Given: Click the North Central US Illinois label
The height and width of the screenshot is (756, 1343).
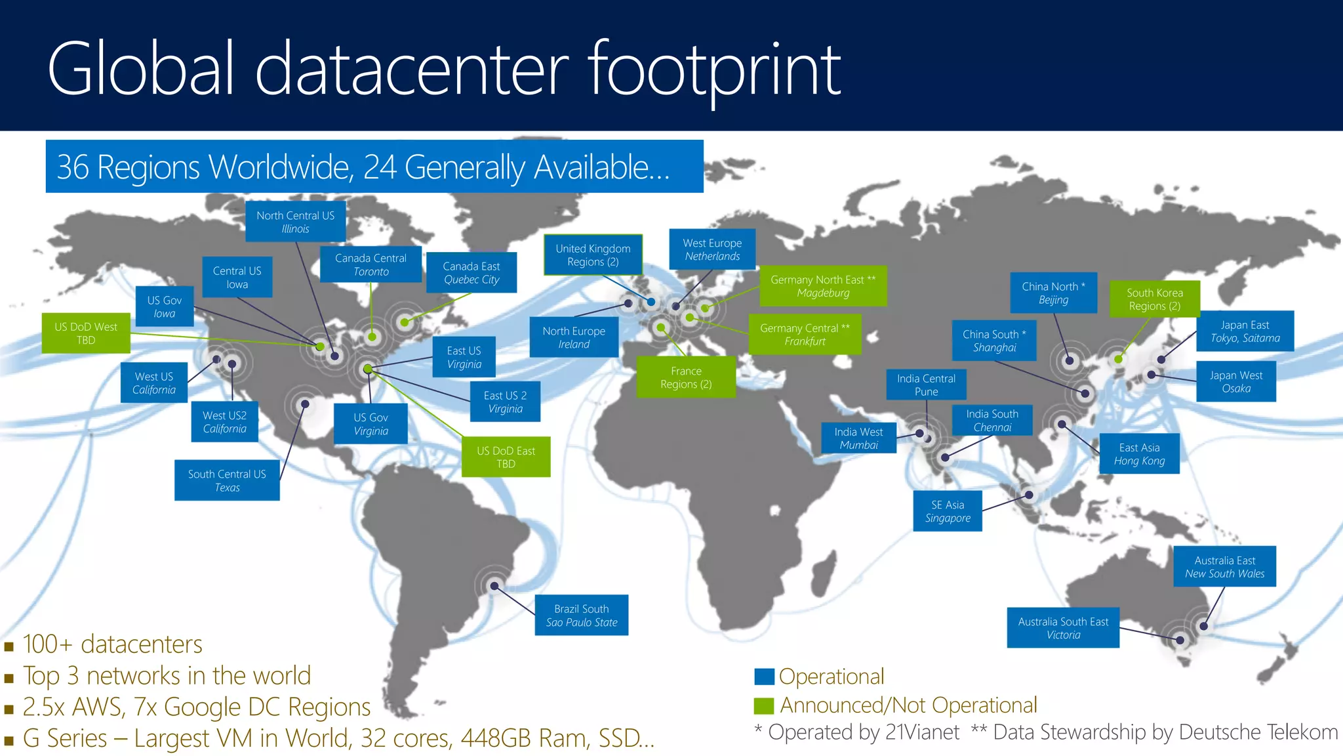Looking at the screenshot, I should click(295, 222).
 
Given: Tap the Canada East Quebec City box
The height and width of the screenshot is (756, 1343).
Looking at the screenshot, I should click(471, 272).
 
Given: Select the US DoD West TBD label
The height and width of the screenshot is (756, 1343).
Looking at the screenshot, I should click(86, 333).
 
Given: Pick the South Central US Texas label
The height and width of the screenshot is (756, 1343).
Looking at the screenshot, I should click(227, 480).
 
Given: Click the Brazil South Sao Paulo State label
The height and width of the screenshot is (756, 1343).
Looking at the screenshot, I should click(582, 615).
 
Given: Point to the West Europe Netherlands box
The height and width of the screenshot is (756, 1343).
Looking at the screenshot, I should click(712, 249).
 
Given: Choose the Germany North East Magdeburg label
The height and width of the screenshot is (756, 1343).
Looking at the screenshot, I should click(823, 286).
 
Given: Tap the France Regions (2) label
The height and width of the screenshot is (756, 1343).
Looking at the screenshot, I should click(686, 377).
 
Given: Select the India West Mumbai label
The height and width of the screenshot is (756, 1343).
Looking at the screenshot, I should click(858, 438).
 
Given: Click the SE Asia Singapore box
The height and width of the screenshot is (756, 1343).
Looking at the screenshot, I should click(948, 511).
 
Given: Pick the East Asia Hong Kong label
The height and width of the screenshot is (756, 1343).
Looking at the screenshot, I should click(1139, 453).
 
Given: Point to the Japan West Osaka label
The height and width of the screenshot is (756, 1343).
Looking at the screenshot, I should click(1236, 381).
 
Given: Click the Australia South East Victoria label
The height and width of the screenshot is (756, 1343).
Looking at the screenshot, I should click(1063, 628).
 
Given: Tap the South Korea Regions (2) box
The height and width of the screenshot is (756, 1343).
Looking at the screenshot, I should click(1154, 299).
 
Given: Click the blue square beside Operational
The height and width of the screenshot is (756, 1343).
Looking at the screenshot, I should click(764, 677).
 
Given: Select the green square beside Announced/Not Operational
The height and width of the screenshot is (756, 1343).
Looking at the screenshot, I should click(764, 705).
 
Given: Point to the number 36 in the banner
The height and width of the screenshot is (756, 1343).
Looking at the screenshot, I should click(72, 167).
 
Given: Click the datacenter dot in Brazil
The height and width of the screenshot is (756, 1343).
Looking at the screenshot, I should click(494, 586).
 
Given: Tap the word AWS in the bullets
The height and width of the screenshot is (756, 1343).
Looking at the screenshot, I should click(98, 707).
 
